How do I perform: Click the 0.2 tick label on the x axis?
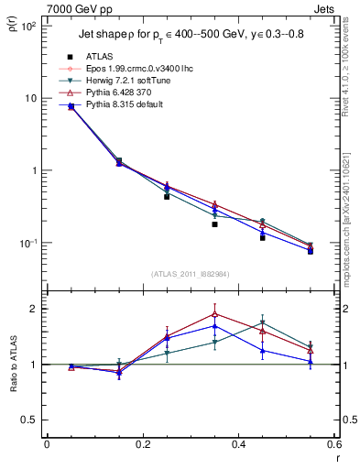tap(143, 444)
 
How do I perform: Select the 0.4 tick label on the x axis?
tap(238, 444)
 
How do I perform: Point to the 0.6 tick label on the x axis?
tap(333, 444)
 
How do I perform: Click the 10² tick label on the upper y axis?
tap(29, 26)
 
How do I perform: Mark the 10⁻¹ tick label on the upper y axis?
tap(29, 243)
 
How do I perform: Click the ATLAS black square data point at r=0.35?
tap(214, 224)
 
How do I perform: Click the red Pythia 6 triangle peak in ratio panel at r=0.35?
tap(214, 313)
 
